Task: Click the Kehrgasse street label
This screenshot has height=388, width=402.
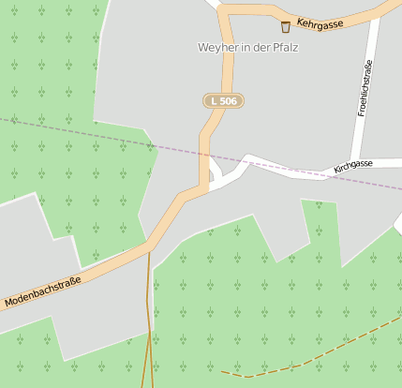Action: coord(320,22)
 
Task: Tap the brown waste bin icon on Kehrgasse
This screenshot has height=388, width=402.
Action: coord(286,27)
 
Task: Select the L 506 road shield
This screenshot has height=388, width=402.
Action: coord(223,100)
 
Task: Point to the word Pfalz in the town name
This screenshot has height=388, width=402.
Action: coord(284,47)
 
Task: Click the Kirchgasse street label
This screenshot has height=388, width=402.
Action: coord(352,166)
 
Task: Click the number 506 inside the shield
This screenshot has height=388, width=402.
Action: coord(229,100)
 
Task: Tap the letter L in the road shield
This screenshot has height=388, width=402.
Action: coord(215,100)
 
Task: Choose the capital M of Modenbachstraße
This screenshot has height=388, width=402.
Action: coord(8,305)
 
